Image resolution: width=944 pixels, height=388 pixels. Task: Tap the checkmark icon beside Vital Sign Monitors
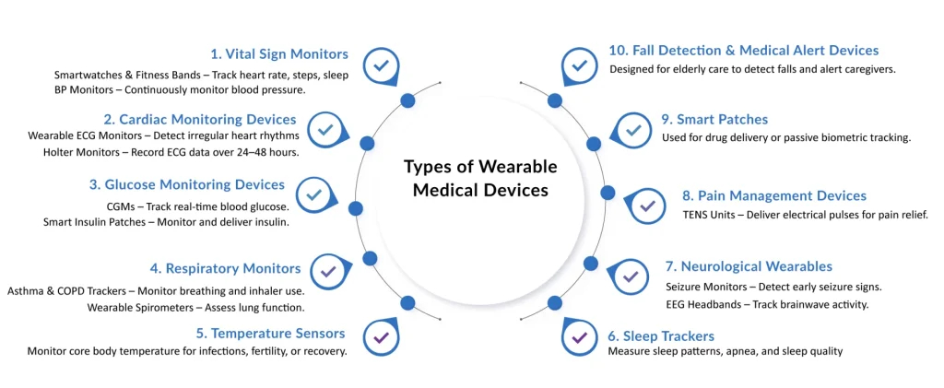pos(381,65)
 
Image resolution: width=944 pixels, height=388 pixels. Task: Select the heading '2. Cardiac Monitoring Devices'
pos(200,119)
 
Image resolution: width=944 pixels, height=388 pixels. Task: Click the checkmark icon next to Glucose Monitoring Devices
pos(313,194)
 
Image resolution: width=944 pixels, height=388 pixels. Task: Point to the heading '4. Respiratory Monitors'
pos(226,268)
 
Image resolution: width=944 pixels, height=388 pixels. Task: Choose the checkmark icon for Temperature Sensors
pos(381,336)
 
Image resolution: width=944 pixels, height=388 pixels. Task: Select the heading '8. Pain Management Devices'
pos(774,195)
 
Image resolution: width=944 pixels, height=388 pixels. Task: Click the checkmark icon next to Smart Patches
pos(632,130)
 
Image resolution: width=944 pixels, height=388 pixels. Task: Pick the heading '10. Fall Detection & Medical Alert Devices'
pos(743,51)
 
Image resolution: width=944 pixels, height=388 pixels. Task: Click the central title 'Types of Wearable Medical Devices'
pos(480,179)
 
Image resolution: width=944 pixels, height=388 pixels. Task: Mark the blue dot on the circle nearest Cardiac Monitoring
pos(367,143)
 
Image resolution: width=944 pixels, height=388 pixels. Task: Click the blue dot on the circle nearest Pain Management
pos(607,193)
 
